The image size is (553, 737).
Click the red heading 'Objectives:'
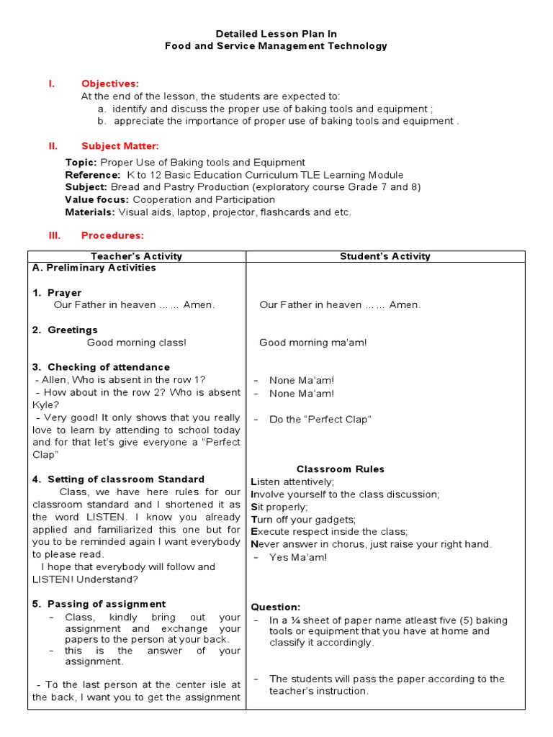tap(109, 83)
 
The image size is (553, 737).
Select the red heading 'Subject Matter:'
tap(120, 146)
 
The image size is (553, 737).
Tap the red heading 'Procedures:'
tap(112, 235)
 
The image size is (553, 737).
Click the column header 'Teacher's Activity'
tap(136, 256)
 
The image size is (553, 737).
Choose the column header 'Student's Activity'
tap(385, 256)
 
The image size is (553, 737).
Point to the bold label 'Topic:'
tap(81, 163)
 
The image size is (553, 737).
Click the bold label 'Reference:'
tap(93, 175)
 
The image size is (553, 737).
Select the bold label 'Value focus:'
tap(97, 199)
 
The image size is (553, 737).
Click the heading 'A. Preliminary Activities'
tap(94, 268)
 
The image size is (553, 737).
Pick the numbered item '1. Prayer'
tap(57, 293)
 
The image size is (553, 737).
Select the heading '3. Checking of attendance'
tap(101, 367)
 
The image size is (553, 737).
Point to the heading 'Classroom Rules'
tap(341, 469)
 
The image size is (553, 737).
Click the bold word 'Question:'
tap(276, 607)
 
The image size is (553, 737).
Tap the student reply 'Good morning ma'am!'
tap(313, 343)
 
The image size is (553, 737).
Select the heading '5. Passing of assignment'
tap(99, 605)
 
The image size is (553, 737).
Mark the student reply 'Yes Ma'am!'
tap(298, 557)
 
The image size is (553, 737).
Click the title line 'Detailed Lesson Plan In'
tap(276, 34)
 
